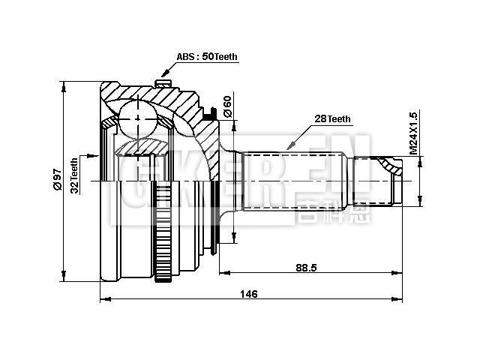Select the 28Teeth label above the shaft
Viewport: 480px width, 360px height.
pyautogui.click(x=332, y=119)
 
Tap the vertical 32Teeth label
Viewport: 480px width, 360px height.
pyautogui.click(x=74, y=175)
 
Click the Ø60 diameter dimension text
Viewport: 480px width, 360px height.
pyautogui.click(x=226, y=106)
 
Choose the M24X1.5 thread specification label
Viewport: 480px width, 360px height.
pyautogui.click(x=412, y=133)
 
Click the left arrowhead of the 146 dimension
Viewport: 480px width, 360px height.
pyautogui.click(x=103, y=301)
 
